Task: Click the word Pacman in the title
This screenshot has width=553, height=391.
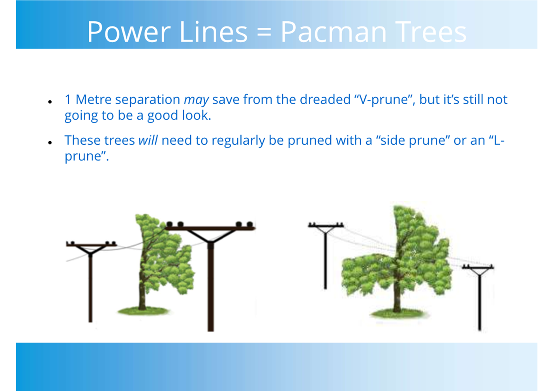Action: (334, 32)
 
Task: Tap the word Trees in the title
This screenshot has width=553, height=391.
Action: (431, 32)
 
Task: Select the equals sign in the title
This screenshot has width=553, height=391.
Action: (264, 33)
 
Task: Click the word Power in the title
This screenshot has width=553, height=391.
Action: (129, 32)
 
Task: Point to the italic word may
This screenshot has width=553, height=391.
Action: (197, 100)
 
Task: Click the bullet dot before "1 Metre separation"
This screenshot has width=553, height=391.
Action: (50, 102)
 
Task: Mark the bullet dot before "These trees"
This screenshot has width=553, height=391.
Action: (50, 142)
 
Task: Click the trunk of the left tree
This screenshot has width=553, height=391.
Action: (142, 294)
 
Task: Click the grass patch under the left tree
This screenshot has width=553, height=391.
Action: (144, 311)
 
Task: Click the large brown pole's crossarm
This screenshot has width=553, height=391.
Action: (210, 228)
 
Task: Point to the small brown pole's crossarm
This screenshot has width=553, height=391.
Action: (91, 245)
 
